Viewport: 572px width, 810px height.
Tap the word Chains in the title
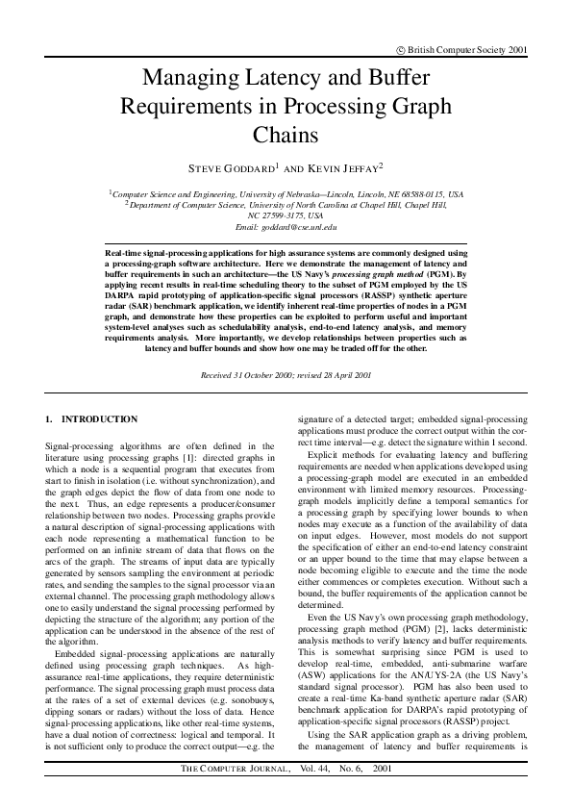(286, 134)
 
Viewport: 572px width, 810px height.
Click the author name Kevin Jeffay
(343, 168)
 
